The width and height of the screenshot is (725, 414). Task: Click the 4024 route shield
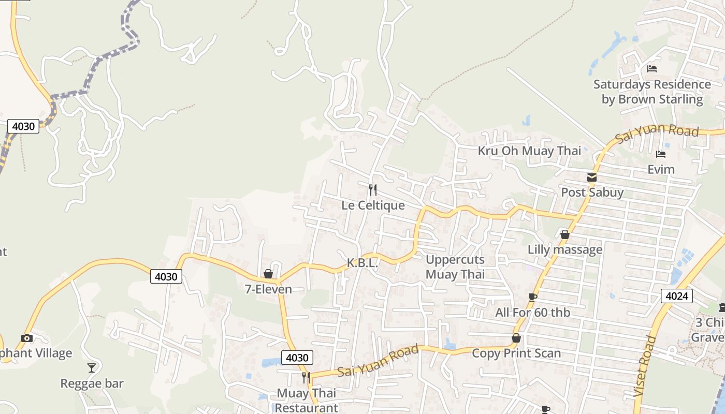tap(677, 296)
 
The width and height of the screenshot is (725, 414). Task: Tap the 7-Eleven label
tap(268, 289)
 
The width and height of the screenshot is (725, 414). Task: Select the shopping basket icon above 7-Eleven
tap(268, 274)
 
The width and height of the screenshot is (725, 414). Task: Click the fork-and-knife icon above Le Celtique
tap(372, 190)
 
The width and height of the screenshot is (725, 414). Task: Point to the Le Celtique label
tap(373, 205)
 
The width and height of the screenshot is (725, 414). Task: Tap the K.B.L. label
tap(362, 263)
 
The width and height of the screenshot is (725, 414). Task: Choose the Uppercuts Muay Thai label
tap(455, 267)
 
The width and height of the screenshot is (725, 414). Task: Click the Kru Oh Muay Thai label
tap(529, 151)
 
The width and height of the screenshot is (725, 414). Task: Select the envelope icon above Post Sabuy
tap(592, 178)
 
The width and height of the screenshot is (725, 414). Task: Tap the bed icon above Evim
tap(660, 154)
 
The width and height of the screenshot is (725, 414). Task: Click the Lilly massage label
tap(565, 250)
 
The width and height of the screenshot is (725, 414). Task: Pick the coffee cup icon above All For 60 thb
tap(532, 297)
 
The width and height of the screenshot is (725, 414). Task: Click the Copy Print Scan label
tap(516, 353)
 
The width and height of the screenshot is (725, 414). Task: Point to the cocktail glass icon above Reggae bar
tap(92, 368)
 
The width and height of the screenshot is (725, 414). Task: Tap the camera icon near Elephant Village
tap(27, 338)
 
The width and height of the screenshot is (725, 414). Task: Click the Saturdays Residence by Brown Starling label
tap(652, 92)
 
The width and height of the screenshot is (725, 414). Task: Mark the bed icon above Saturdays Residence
tap(652, 69)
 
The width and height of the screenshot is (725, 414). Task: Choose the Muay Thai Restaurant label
tap(307, 401)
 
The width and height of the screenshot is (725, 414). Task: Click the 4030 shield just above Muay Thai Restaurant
tap(297, 358)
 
